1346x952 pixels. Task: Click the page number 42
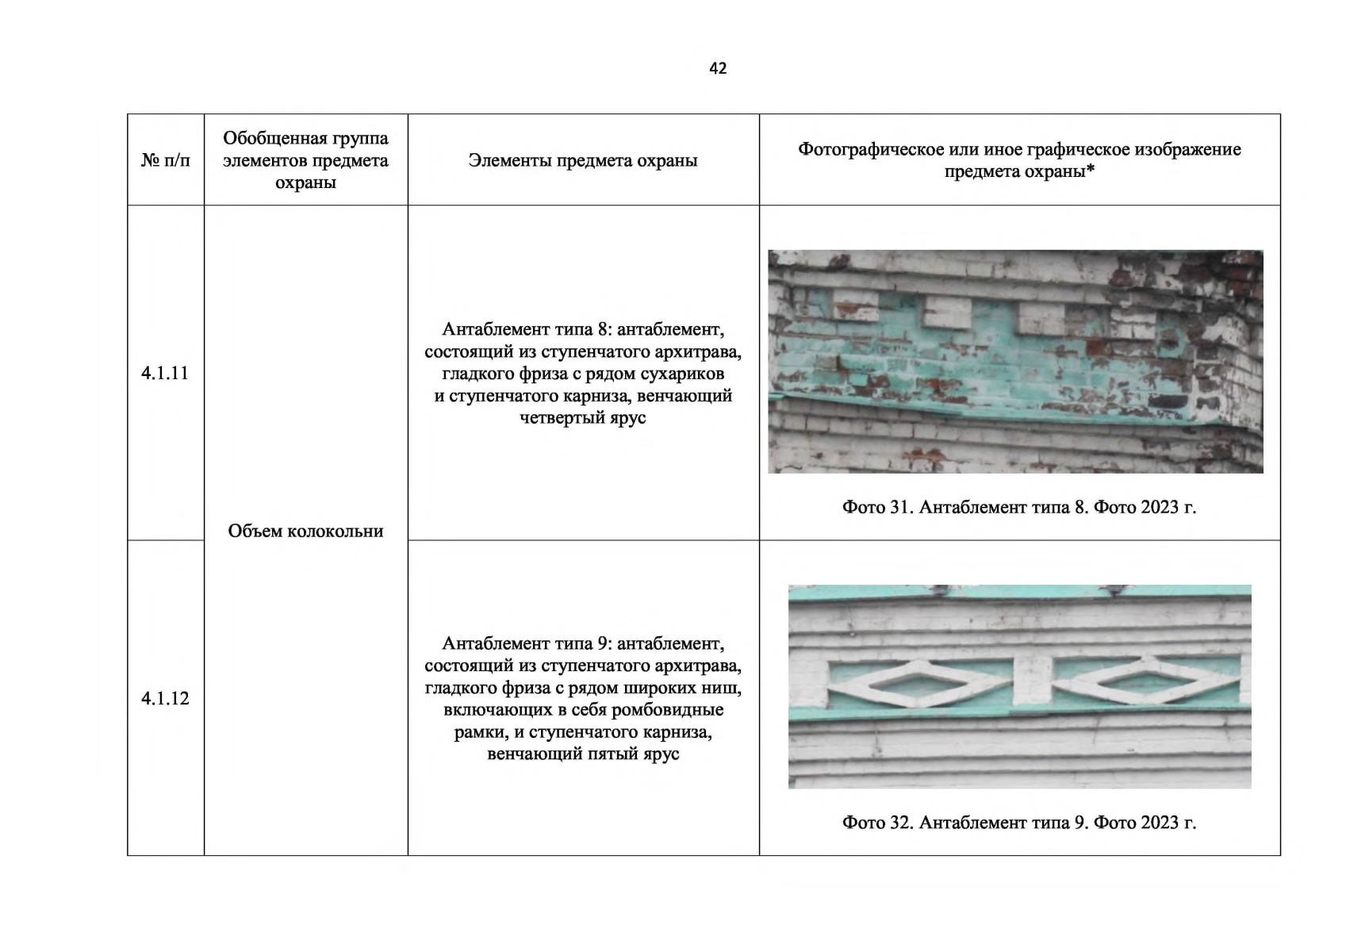(717, 68)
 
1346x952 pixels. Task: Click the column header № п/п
(165, 160)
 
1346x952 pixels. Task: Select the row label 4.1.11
(165, 373)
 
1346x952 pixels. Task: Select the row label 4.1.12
(165, 698)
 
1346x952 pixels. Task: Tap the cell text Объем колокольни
(305, 531)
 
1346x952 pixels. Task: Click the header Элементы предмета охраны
(583, 160)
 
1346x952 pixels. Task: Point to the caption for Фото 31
(1019, 507)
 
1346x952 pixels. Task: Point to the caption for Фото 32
(1019, 823)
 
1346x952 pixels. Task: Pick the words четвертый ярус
(583, 417)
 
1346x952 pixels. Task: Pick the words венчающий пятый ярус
(583, 754)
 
